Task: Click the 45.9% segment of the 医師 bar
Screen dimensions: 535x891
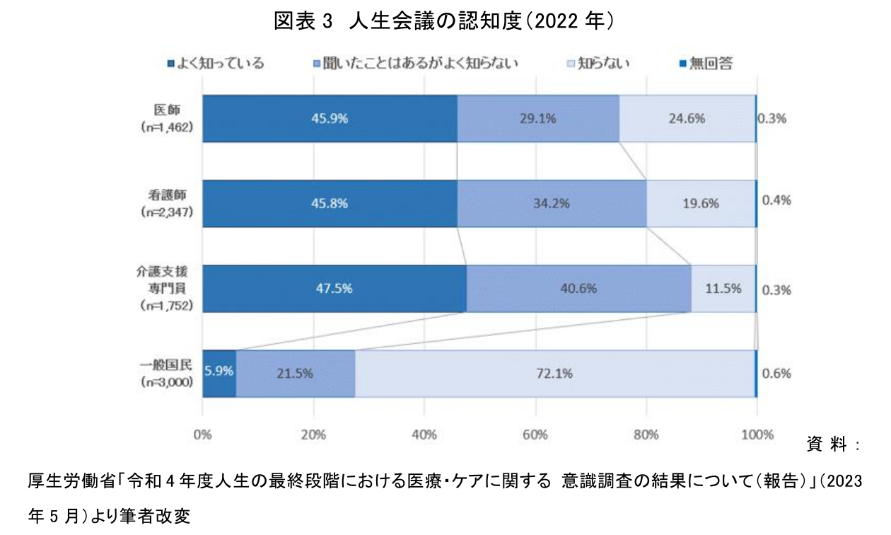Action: click(330, 119)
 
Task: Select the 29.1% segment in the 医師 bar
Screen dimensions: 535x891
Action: click(538, 119)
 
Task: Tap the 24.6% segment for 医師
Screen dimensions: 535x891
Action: click(687, 119)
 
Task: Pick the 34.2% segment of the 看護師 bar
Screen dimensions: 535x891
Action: click(552, 204)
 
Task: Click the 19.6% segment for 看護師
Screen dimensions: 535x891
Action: click(701, 204)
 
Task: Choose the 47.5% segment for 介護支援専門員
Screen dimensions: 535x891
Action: click(334, 288)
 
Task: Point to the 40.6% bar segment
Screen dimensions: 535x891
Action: click(578, 288)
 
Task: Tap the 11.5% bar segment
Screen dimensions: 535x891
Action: click(723, 288)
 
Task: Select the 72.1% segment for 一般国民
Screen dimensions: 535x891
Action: click(554, 373)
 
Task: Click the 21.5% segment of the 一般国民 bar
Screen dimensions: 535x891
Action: click(296, 373)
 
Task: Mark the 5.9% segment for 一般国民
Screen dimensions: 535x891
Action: click(219, 373)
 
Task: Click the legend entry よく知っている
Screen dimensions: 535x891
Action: click(215, 64)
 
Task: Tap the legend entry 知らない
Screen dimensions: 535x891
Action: click(595, 64)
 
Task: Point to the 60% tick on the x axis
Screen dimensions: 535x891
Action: click(535, 435)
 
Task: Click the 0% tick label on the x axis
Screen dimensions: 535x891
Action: click(203, 435)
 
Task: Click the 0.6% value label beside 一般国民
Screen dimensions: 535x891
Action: click(776, 374)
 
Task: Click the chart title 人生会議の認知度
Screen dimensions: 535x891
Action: click(443, 21)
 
